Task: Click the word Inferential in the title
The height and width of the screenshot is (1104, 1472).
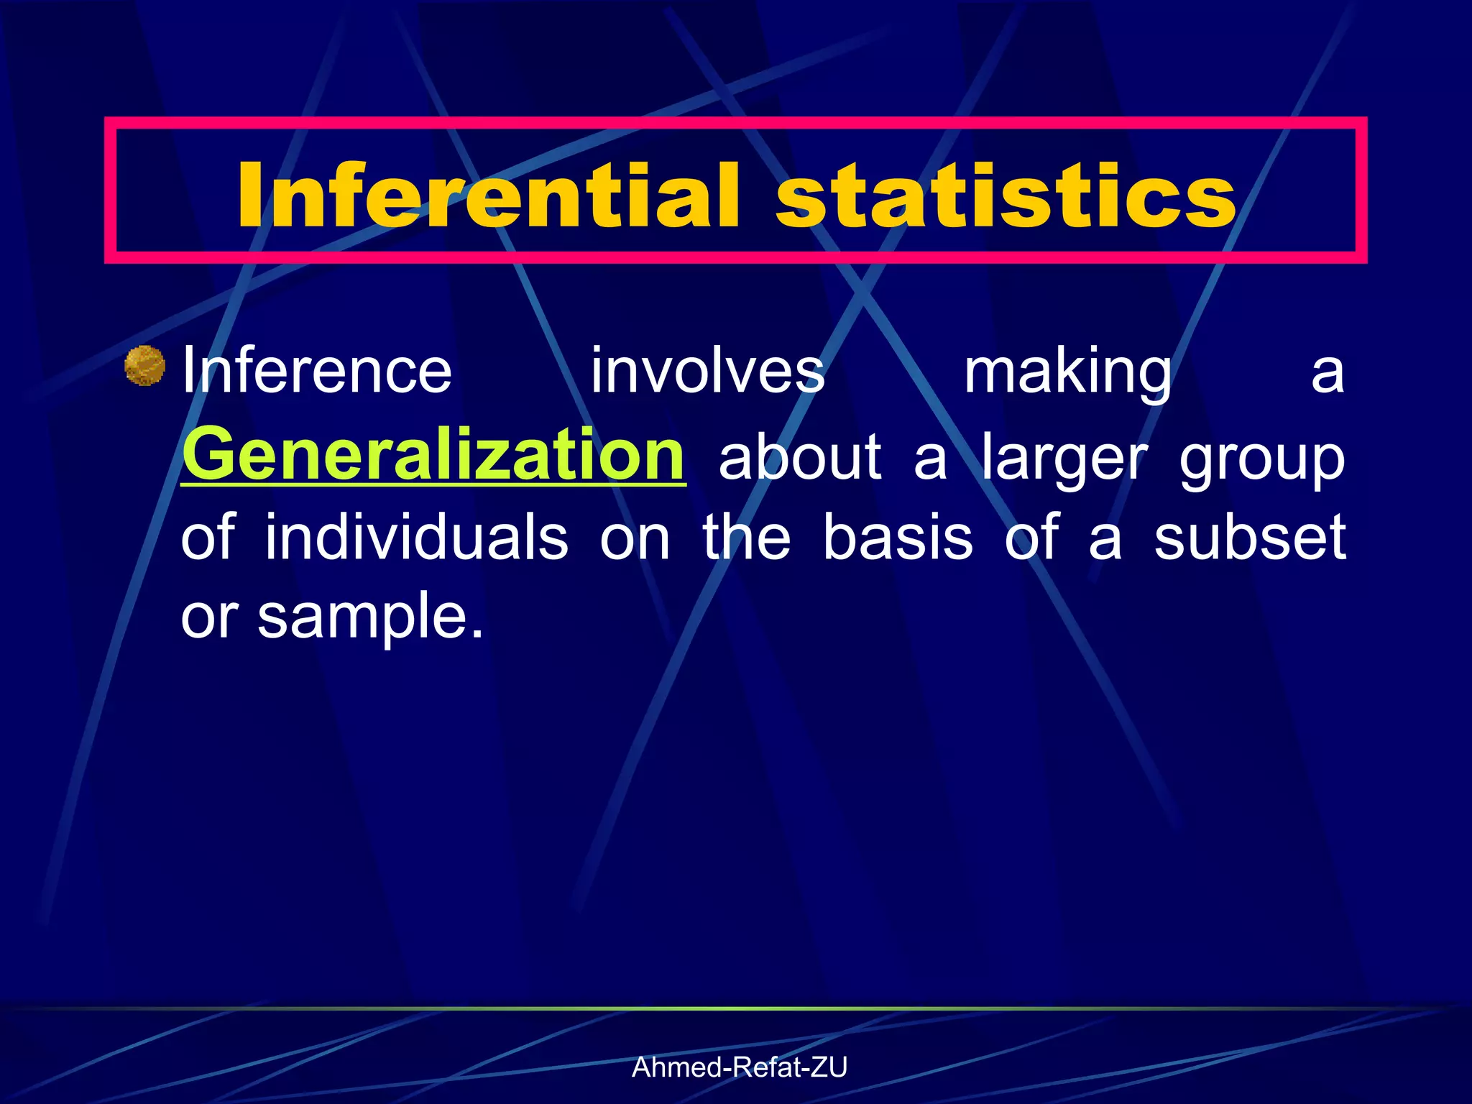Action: [x=488, y=195]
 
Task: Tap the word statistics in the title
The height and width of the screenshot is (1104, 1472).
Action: [x=1006, y=195]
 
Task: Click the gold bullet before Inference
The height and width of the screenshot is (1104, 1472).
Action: [x=145, y=365]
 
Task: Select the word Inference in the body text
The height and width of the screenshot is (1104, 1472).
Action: [x=317, y=372]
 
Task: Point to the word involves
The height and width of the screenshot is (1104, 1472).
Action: [x=707, y=372]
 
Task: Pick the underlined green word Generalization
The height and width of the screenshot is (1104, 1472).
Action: [x=433, y=456]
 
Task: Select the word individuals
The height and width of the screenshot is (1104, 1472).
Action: [x=417, y=537]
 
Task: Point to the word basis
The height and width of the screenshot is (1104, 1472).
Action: [x=898, y=537]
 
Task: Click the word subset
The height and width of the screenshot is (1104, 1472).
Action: [x=1250, y=538]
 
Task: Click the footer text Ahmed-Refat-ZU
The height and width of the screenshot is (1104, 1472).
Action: [x=739, y=1067]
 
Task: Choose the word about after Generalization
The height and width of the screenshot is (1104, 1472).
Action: [x=799, y=457]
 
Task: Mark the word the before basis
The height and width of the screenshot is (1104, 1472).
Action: [x=747, y=537]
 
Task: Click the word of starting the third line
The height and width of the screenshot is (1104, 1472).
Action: [x=208, y=537]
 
